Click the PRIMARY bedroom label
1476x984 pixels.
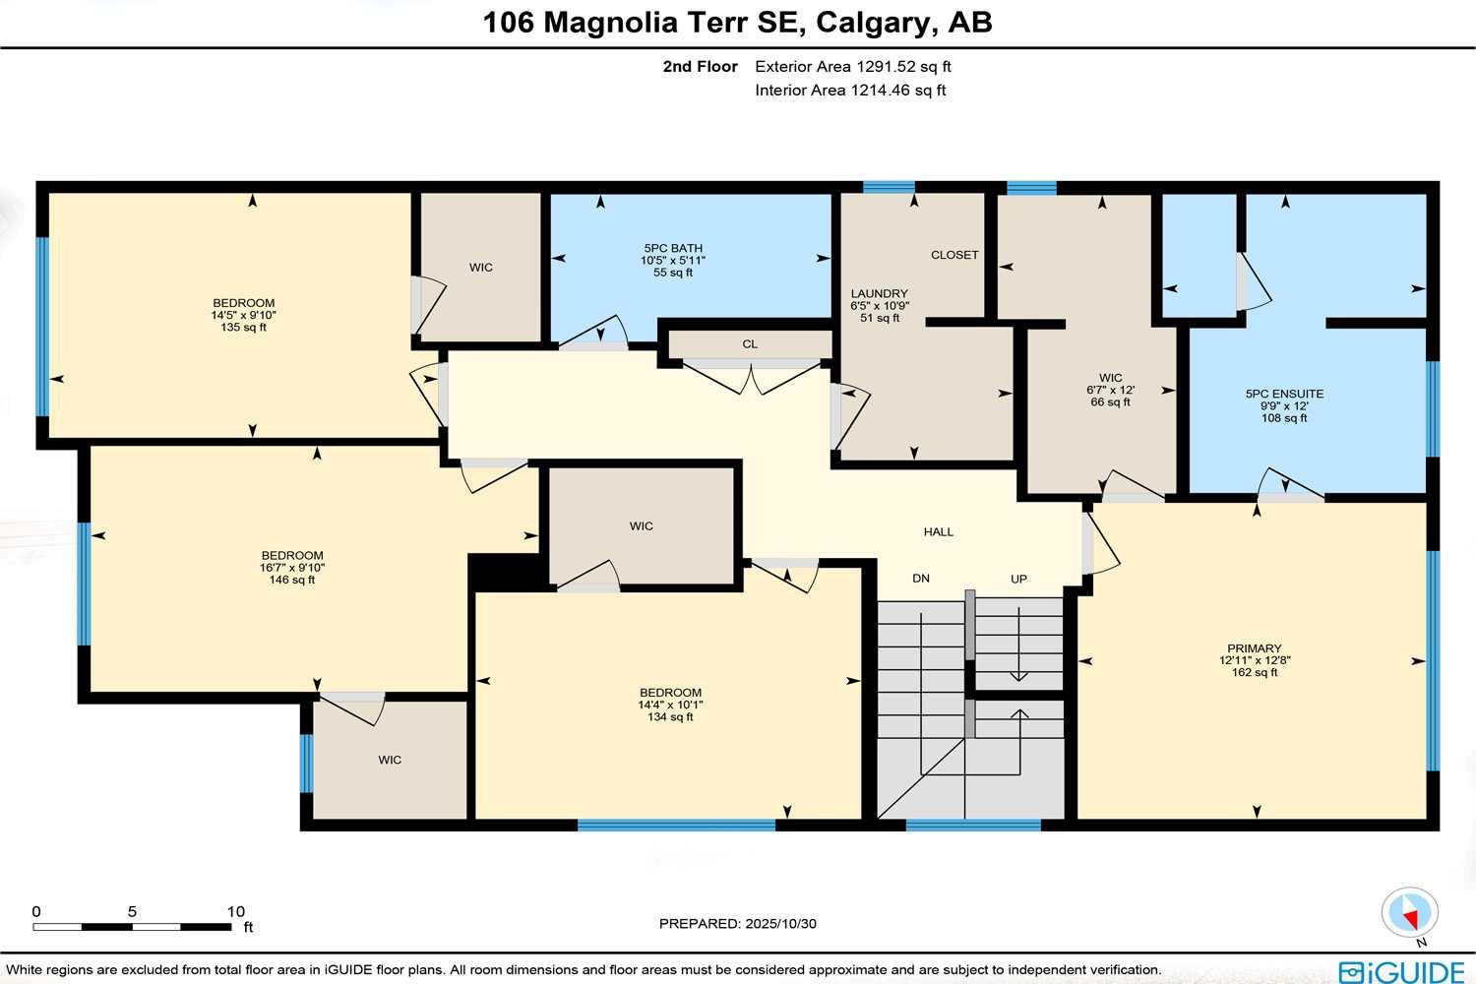point(1255,648)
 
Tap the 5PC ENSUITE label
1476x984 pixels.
point(1284,394)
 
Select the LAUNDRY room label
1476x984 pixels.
point(879,293)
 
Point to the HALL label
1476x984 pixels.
point(938,531)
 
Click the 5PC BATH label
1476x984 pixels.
point(673,248)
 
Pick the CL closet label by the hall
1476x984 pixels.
point(750,344)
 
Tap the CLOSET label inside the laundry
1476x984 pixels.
point(954,255)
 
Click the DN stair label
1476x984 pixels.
point(921,579)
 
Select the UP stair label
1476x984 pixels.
point(1018,579)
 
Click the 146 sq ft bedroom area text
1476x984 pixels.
point(292,580)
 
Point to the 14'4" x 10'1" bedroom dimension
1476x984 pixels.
point(670,705)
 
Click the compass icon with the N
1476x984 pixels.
point(1410,913)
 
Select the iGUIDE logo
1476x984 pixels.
point(1401,972)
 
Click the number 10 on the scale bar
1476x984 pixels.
point(235,911)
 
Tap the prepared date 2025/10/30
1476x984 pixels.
point(780,924)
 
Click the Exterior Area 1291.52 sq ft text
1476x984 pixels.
point(852,67)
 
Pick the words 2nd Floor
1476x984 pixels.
point(700,67)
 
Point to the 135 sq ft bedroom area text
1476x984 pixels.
point(243,328)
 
